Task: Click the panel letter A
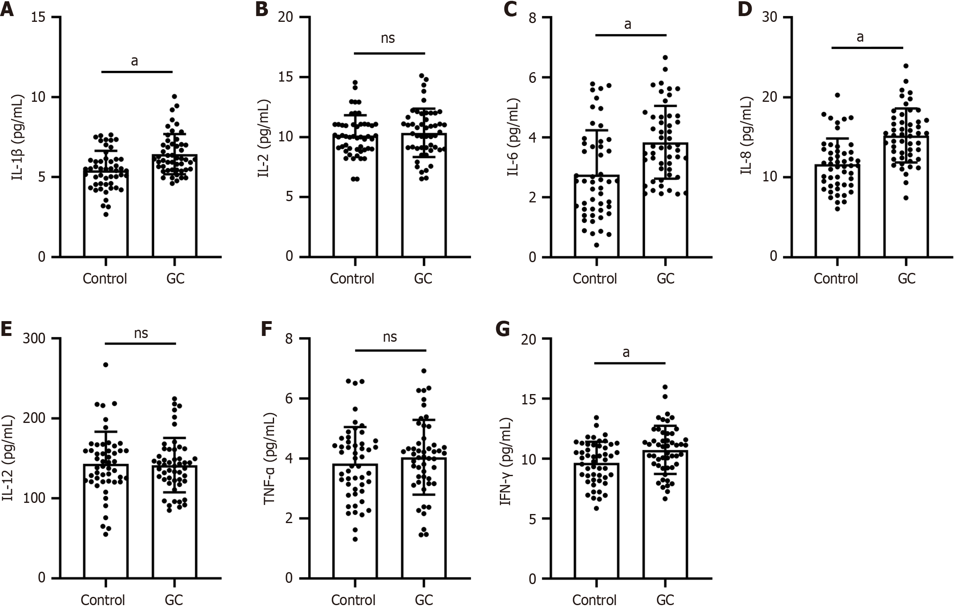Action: (x=7, y=9)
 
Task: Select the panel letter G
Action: (x=502, y=330)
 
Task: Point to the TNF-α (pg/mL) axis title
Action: (x=270, y=458)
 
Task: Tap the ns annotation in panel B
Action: (x=388, y=38)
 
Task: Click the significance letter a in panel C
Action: (x=628, y=25)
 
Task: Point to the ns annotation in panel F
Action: (x=390, y=337)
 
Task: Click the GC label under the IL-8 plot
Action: (x=907, y=279)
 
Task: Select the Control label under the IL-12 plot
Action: (x=103, y=599)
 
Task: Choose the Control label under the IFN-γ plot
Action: (x=594, y=599)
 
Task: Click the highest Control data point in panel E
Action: (x=105, y=365)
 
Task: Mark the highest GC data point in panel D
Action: (x=906, y=66)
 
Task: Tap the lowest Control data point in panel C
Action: (x=596, y=245)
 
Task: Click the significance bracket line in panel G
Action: (x=630, y=363)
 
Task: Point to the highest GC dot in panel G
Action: (x=665, y=387)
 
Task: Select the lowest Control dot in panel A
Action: (x=106, y=214)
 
